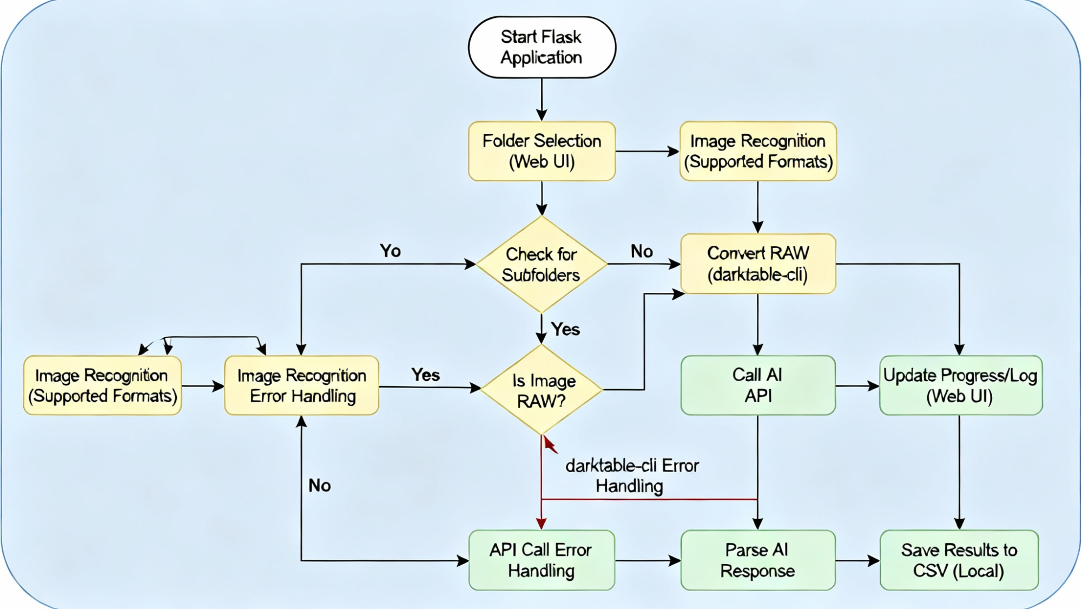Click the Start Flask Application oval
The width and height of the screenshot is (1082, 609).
[x=542, y=47]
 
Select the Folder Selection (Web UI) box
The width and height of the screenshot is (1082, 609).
[x=542, y=151]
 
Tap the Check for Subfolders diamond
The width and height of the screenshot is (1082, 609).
[x=541, y=265]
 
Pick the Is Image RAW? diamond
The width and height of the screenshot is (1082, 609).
[x=541, y=390]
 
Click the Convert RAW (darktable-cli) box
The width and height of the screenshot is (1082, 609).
[x=758, y=264]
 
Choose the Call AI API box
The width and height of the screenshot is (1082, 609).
[x=758, y=385]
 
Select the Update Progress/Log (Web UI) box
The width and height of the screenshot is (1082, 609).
[x=960, y=385]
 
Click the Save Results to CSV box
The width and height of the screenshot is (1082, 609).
[x=959, y=560]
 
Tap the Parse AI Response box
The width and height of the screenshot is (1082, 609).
[x=758, y=560]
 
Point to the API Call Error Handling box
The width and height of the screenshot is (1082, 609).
[x=542, y=560]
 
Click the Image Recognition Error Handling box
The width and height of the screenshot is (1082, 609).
[x=302, y=385]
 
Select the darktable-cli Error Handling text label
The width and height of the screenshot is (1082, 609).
[x=631, y=476]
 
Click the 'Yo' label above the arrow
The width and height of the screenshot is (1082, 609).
[x=390, y=251]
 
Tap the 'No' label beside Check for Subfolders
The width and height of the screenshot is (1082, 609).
[x=642, y=251]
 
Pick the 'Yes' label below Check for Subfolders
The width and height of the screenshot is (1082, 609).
[x=565, y=329]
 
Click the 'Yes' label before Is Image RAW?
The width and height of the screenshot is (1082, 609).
[x=425, y=375]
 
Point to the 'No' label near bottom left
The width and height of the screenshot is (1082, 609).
[x=320, y=486]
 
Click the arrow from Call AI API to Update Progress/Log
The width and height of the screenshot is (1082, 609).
[x=857, y=386]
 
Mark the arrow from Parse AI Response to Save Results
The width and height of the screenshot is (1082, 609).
[x=857, y=561]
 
